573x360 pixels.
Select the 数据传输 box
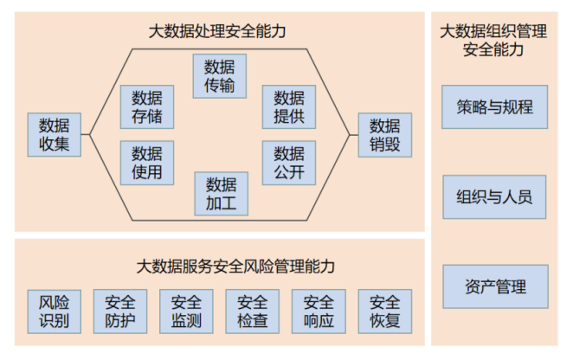coord(220,76)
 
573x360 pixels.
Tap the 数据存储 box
coord(147,106)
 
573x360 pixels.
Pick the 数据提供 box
coord(288,106)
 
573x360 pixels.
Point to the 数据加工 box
coord(220,193)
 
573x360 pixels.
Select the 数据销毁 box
coord(385,134)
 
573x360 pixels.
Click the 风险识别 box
coord(55,312)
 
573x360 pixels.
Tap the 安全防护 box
coord(120,312)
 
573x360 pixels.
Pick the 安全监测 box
coord(186,312)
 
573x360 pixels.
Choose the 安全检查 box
coord(253,312)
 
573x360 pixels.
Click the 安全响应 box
coord(319,312)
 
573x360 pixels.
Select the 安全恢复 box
coord(385,312)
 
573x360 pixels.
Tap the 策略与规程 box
coord(494,107)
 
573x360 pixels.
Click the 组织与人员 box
coord(494,197)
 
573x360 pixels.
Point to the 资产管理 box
coord(494,287)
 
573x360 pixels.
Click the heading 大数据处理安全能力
coord(216,32)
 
